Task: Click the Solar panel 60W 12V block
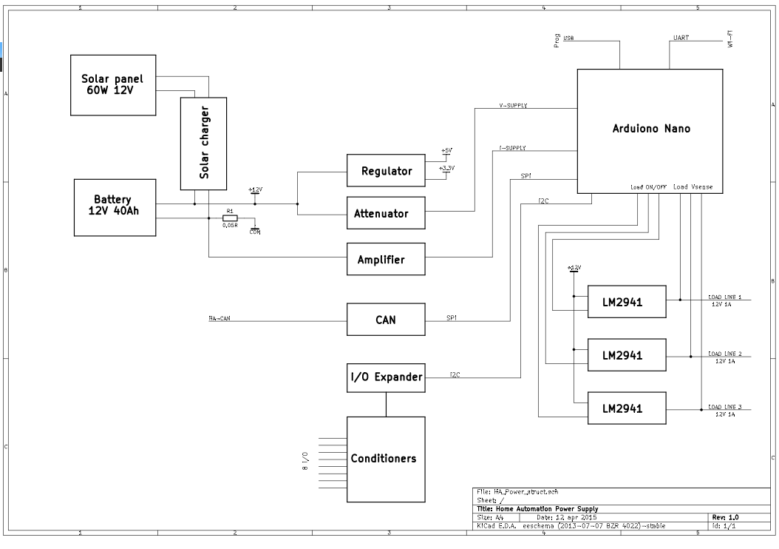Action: click(113, 84)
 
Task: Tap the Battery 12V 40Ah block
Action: click(115, 206)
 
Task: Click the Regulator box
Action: click(387, 172)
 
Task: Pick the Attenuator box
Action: click(387, 213)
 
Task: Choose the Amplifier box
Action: click(387, 259)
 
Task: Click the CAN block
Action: click(387, 320)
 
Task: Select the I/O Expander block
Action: click(387, 377)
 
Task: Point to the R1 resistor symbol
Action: click(230, 218)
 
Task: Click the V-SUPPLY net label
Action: click(513, 106)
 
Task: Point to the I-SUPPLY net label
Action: click(513, 148)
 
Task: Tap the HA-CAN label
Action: click(220, 320)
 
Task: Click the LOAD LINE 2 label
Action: click(724, 354)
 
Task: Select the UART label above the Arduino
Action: click(681, 37)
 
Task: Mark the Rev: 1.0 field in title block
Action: click(724, 517)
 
